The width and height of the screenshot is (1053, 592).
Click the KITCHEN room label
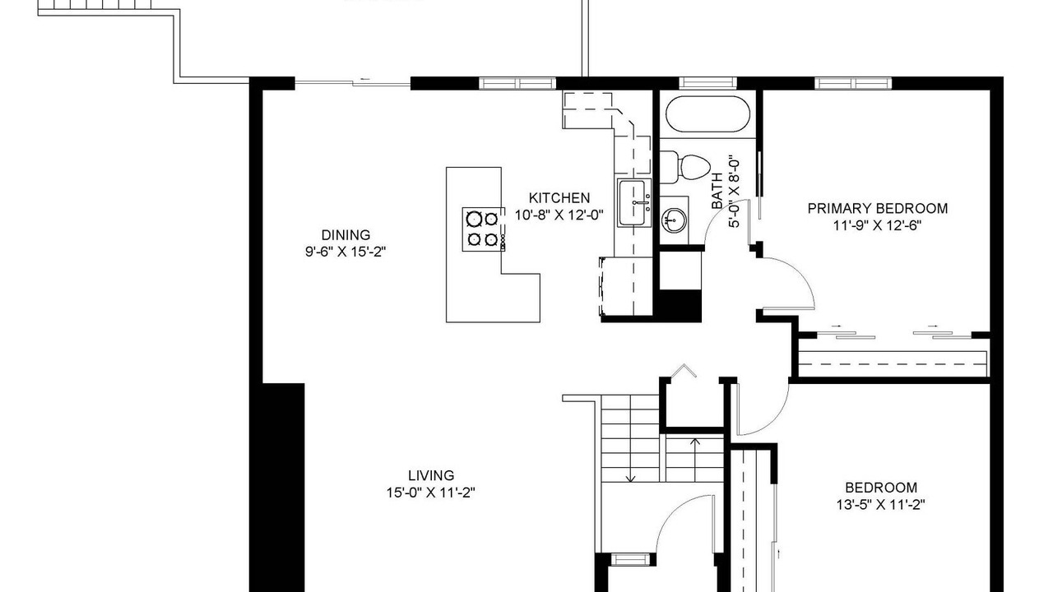[559, 198]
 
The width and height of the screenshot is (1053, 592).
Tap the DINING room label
[346, 235]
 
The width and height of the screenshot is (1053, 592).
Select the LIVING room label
[431, 475]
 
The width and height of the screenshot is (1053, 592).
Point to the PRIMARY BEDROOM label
[878, 209]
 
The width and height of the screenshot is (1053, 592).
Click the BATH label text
[717, 191]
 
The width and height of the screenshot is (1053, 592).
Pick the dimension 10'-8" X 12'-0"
[559, 215]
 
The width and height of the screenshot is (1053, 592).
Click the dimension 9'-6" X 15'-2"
[346, 252]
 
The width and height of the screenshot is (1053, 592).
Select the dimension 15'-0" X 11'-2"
[431, 493]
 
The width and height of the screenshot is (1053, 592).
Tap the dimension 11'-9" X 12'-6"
[877, 226]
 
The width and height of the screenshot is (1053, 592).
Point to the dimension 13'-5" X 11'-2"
[881, 505]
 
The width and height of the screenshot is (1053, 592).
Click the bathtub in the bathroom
[707, 114]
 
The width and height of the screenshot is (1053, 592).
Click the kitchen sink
[634, 203]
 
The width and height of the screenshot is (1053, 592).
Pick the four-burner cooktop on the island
[483, 229]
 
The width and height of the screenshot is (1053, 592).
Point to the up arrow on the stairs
[695, 459]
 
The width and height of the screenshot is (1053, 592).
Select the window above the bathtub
[708, 83]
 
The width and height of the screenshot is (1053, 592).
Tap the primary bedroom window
[853, 83]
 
